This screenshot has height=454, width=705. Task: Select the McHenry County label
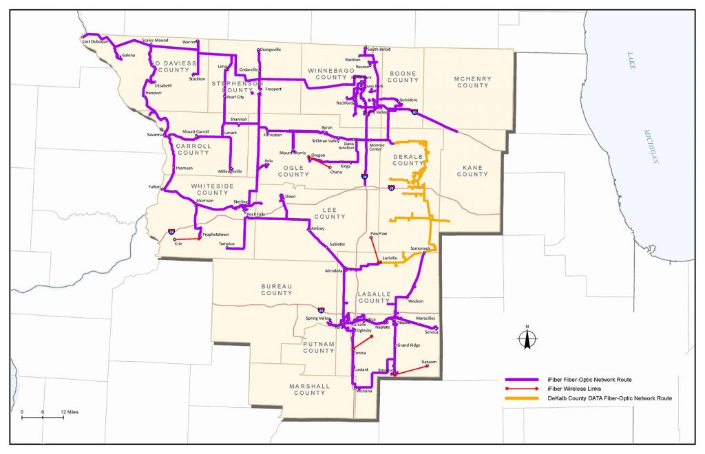tap(472, 82)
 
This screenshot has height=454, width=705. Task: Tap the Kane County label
tap(472, 170)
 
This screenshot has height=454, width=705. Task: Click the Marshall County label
tap(309, 389)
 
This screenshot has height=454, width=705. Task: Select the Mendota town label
tap(333, 270)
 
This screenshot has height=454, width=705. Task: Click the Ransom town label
tap(429, 362)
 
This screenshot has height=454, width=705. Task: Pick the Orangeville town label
tap(270, 50)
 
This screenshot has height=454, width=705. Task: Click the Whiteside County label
tap(213, 189)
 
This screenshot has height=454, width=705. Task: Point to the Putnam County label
tap(319, 347)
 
